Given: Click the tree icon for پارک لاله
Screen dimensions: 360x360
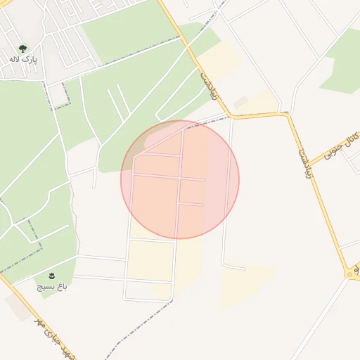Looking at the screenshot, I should click(x=23, y=49).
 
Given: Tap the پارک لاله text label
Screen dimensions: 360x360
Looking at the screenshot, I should click(x=23, y=60).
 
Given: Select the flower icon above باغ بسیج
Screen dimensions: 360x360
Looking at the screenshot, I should click(x=51, y=274).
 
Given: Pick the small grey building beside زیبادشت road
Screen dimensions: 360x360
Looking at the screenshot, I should click(x=240, y=103).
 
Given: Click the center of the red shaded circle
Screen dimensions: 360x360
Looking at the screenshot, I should click(x=180, y=179).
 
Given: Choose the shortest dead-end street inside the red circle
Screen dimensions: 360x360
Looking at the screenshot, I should click(x=191, y=204).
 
